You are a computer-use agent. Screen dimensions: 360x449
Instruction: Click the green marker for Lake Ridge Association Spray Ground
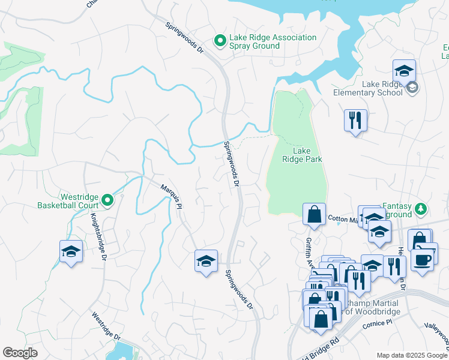[220, 41]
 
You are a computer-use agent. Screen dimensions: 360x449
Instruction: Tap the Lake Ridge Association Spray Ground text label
[273, 42]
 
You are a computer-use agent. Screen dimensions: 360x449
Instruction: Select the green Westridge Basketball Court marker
[107, 200]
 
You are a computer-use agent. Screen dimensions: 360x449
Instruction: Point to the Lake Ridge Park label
[303, 155]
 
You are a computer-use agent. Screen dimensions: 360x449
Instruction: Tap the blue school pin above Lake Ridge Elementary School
[404, 71]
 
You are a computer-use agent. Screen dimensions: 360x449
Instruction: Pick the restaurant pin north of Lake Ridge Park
[355, 120]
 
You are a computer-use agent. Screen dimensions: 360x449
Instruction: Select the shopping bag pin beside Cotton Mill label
[314, 214]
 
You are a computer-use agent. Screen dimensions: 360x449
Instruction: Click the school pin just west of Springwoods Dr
[206, 262]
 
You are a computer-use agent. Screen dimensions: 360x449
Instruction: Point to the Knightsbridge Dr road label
[96, 239]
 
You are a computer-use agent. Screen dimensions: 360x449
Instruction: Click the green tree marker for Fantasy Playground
[422, 209]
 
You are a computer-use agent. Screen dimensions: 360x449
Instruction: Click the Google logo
[20, 353]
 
